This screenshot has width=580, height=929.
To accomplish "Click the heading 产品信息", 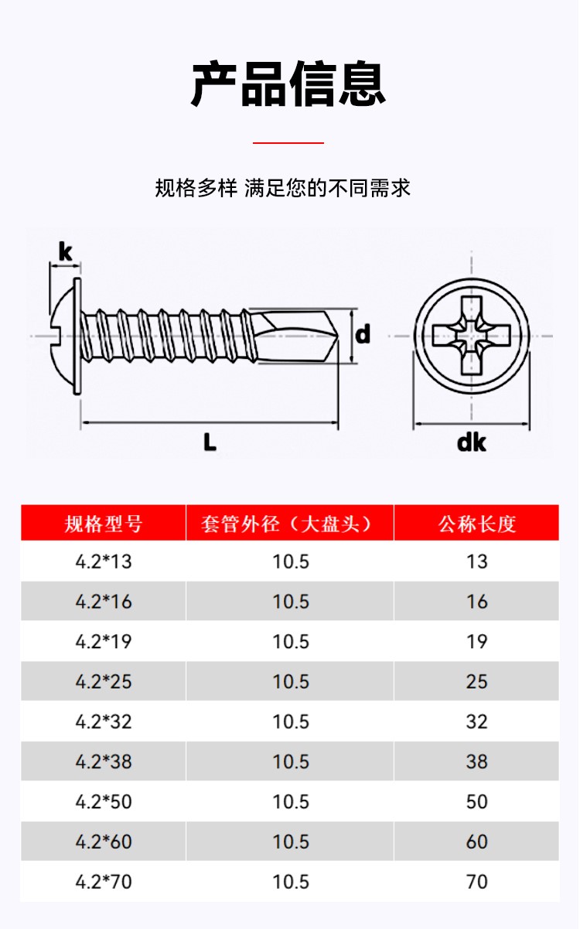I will click(288, 84).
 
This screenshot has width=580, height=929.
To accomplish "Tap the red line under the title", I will click(288, 143).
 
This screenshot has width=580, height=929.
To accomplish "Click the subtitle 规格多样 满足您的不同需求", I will click(283, 188).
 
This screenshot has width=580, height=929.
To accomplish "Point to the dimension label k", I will click(65, 251).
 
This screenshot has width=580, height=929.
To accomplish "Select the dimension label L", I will click(210, 442).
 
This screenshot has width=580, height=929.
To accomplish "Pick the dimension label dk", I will click(472, 442).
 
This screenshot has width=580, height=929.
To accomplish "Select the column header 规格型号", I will click(104, 524).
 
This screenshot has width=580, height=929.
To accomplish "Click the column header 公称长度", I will click(476, 524).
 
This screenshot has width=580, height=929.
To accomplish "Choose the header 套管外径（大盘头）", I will click(290, 524).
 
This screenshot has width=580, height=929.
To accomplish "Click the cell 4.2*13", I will click(104, 562).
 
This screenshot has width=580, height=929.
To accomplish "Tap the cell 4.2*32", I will click(104, 722).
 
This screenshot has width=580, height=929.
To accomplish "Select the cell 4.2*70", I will click(104, 882).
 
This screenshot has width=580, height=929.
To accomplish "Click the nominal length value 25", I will click(477, 681).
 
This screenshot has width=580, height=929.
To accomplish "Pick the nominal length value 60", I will click(477, 842).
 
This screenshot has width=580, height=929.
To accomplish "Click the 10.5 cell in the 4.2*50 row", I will click(291, 801).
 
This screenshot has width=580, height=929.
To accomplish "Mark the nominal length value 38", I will click(477, 762).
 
